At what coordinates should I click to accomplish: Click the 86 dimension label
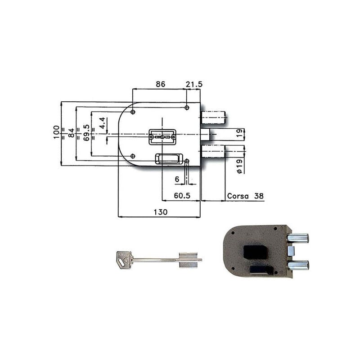click(161, 84)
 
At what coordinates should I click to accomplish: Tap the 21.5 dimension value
click(194, 84)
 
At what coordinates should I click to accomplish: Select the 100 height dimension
click(56, 132)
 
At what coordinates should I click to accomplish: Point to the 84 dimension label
click(72, 133)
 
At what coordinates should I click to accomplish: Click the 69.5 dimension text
click(86, 133)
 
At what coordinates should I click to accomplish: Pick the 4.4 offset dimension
click(102, 122)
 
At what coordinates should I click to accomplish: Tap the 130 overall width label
click(161, 211)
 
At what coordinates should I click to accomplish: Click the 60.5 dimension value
click(182, 196)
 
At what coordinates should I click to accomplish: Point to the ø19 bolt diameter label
click(239, 166)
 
